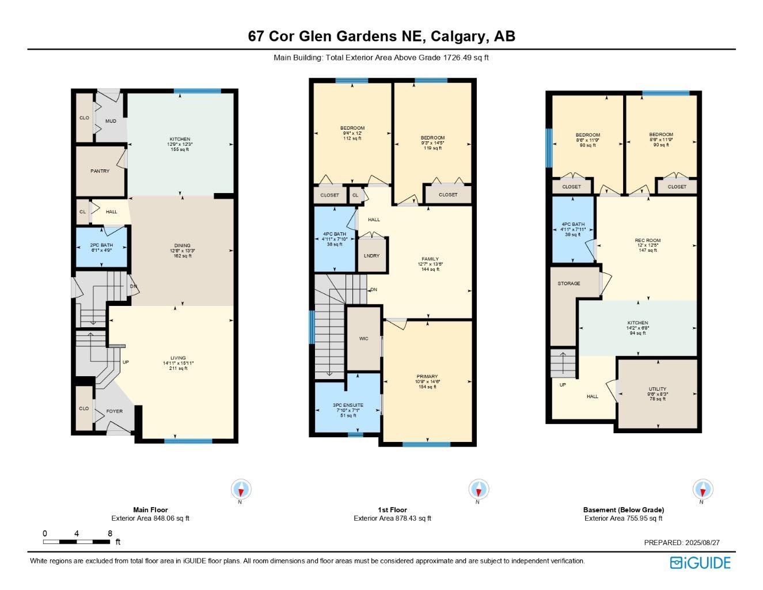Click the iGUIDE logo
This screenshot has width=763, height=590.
pos(700,563)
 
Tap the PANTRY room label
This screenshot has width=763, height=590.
pos(100,171)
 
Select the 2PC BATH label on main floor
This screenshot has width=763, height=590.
pos(102,245)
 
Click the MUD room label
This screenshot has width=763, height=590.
pos(111,121)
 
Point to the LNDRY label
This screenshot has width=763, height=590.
pos(371,256)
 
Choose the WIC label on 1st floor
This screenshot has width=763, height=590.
pos(363,339)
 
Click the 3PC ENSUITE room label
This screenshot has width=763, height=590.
pos(348,405)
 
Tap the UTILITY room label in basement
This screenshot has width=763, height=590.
pos(657,389)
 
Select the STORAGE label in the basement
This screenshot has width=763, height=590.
pos(568,283)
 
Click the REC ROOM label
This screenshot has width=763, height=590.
pos(648,241)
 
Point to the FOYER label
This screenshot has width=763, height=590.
pos(114,411)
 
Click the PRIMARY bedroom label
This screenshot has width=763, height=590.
pos(427,377)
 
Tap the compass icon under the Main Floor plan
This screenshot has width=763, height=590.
pos(241,490)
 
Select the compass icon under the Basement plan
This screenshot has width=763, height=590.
pos(702,490)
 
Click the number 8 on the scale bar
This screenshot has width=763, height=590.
pos(109,534)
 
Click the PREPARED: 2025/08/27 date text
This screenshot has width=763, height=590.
pos(682,543)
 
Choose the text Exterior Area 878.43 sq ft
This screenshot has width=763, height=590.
pos(392,518)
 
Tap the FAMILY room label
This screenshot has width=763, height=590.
pos(430,259)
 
